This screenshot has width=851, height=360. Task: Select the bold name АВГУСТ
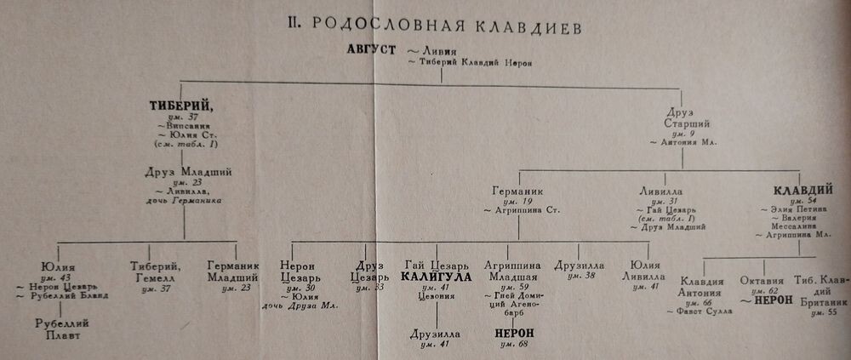tap(371, 49)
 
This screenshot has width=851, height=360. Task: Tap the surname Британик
tap(819, 300)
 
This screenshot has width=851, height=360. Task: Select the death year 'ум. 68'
tap(515, 345)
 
